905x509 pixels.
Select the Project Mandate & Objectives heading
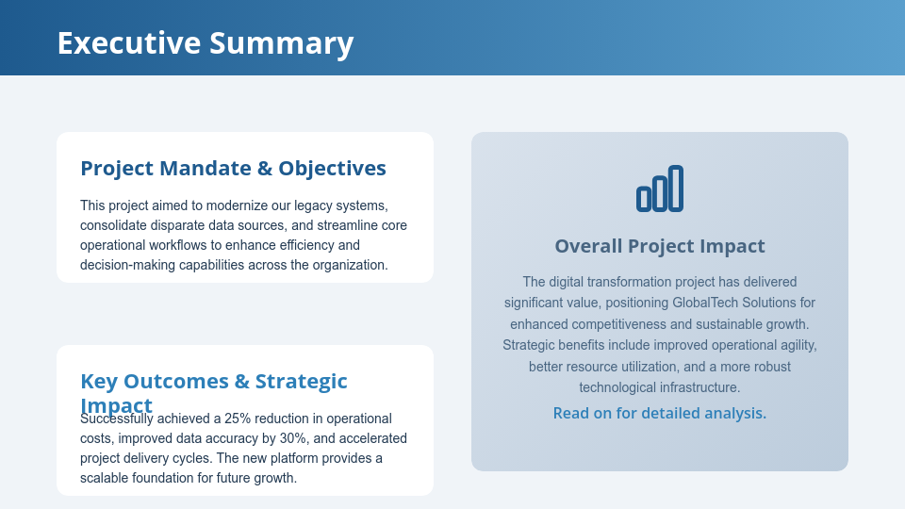tap(233, 168)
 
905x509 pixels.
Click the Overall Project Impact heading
tap(659, 246)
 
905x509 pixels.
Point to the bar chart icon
tap(659, 189)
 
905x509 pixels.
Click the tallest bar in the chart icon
tap(676, 189)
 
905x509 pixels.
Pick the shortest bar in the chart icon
tap(644, 198)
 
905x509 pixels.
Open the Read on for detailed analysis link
tap(659, 413)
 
